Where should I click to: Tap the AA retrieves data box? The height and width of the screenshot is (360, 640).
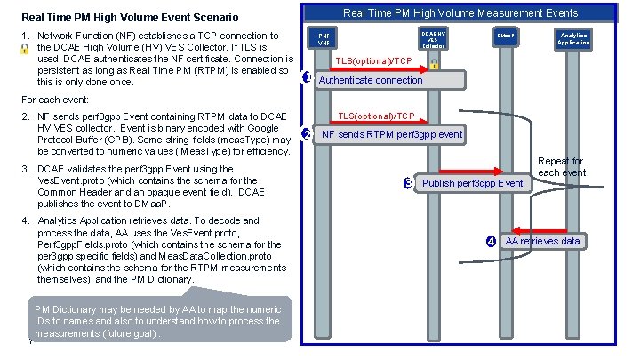tap(541, 241)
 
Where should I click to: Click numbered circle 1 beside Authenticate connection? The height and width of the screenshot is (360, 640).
tap(307, 78)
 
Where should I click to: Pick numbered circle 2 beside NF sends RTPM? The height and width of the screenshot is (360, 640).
tap(307, 134)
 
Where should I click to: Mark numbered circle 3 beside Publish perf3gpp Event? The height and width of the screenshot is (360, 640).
tap(407, 183)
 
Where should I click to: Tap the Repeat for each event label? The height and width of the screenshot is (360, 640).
tap(561, 167)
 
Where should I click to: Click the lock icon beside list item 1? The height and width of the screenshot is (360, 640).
tap(10, 51)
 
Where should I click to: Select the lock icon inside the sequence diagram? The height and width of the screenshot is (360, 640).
tap(433, 65)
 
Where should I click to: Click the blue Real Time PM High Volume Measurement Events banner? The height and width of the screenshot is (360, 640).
tap(460, 12)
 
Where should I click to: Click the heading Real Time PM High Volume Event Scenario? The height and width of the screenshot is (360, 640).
tap(130, 17)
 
